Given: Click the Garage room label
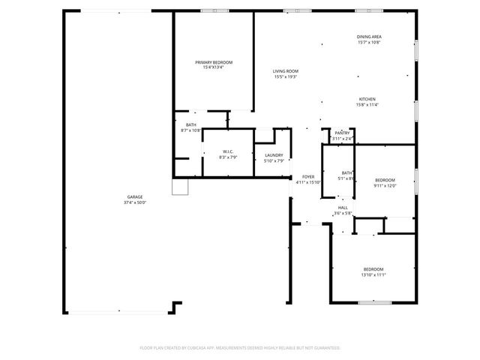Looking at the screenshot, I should (x=134, y=197).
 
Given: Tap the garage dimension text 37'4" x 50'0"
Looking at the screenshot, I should (x=134, y=202).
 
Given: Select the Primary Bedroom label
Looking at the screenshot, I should (x=214, y=62).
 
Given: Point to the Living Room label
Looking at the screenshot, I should (x=286, y=71).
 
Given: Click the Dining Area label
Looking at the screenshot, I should (x=369, y=37).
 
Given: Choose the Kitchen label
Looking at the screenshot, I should (x=367, y=99).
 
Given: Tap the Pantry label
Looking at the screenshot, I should (x=343, y=133).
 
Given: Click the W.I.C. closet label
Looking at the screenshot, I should (x=229, y=152).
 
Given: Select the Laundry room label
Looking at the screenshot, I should (x=274, y=155).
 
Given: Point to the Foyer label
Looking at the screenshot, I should (x=307, y=176).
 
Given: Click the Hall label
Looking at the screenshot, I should (x=343, y=208).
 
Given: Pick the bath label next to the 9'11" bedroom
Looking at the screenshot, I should (x=346, y=173).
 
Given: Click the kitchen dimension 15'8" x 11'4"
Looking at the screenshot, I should (x=367, y=105).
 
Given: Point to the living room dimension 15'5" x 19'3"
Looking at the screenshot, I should (x=286, y=77).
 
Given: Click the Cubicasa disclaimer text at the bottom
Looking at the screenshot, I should (x=240, y=348).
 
